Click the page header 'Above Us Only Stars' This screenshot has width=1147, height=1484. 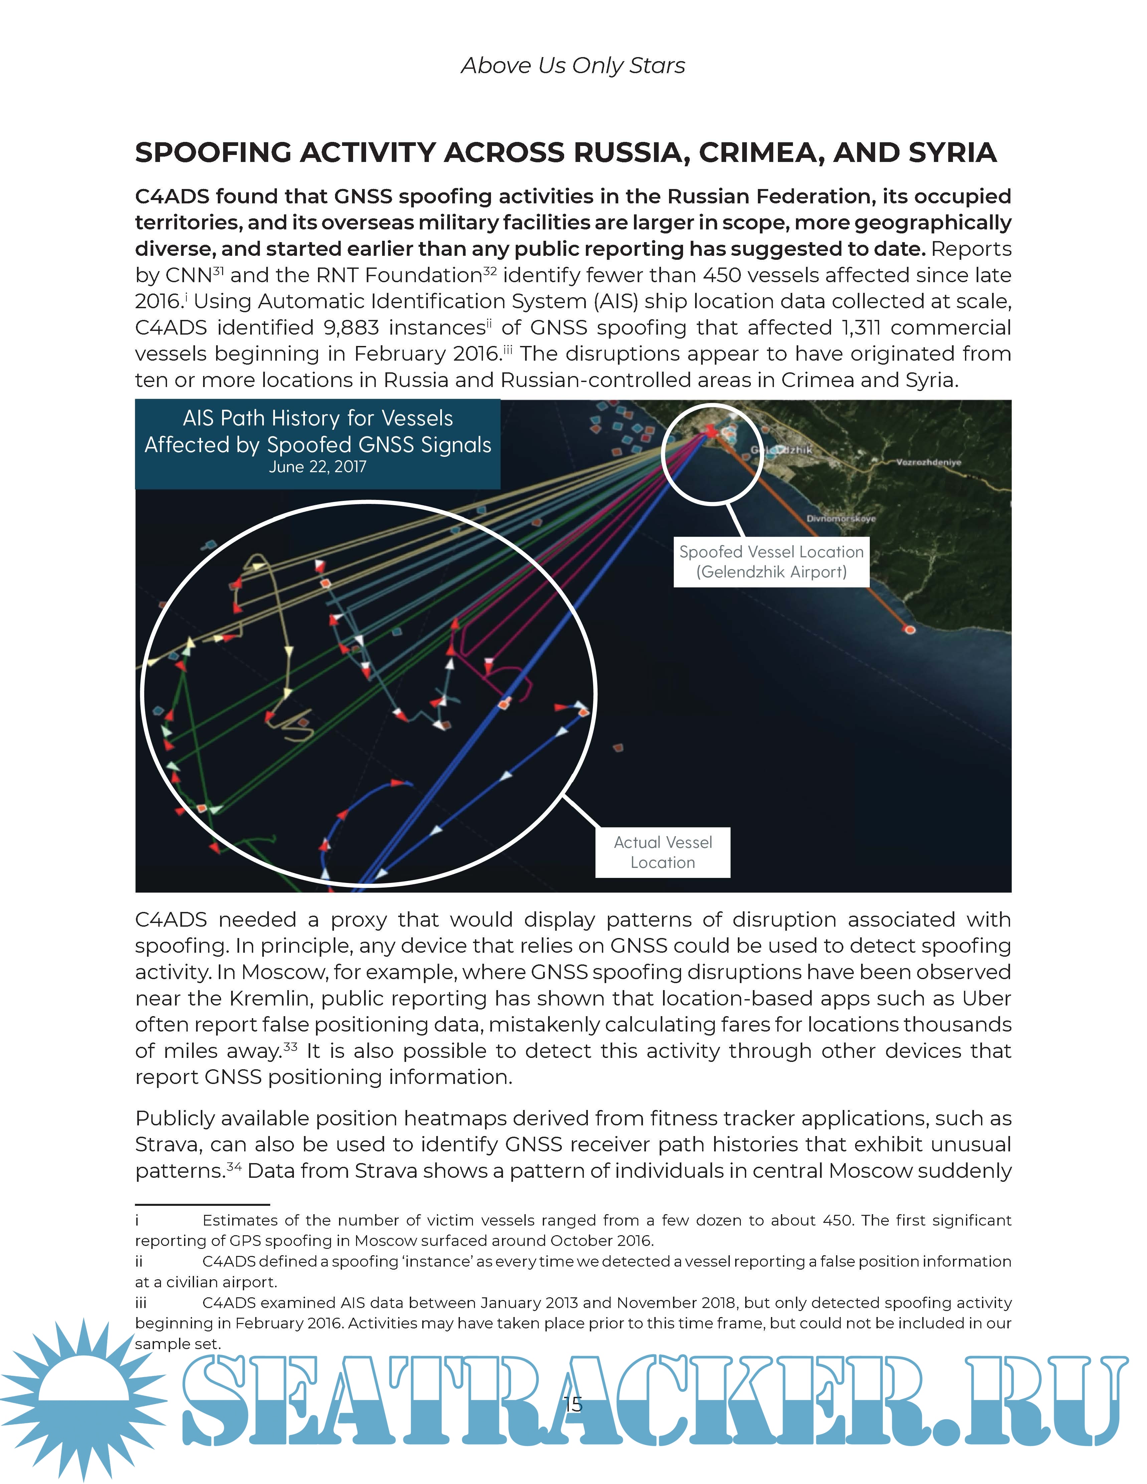(x=573, y=66)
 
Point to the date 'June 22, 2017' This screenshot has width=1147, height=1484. (x=317, y=467)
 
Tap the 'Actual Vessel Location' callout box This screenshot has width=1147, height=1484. (x=663, y=852)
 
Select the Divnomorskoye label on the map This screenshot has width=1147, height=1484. (x=841, y=519)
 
